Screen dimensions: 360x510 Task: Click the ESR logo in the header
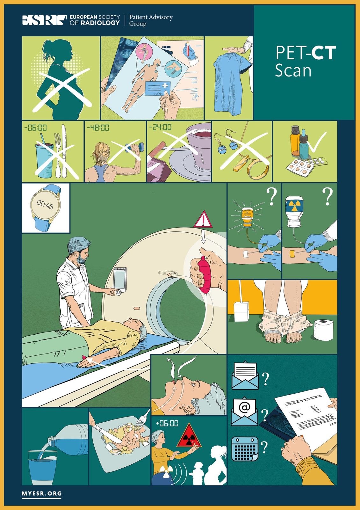pyautogui.click(x=45, y=20)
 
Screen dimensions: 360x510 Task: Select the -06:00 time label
pyautogui.click(x=35, y=127)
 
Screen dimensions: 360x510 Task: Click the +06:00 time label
pyautogui.click(x=167, y=423)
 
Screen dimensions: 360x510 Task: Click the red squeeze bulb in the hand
pyautogui.click(x=205, y=274)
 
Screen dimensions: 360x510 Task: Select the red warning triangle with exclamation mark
pyautogui.click(x=203, y=220)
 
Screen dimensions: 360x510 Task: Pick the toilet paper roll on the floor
pyautogui.click(x=323, y=330)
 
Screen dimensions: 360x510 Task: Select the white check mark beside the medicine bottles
pyautogui.click(x=316, y=142)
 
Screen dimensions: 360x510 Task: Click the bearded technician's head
pyautogui.click(x=78, y=250)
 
